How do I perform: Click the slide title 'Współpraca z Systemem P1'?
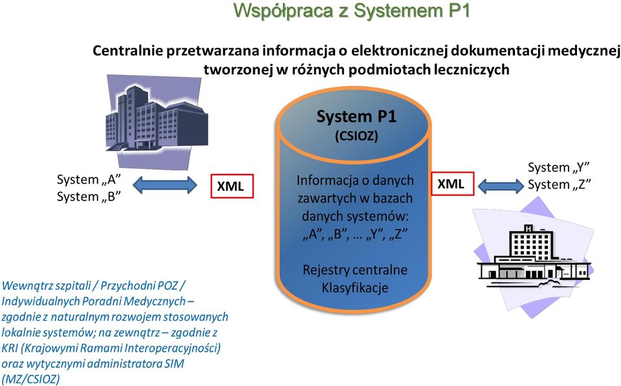tap(351, 10)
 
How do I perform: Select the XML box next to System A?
tap(232, 186)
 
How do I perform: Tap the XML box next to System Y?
tap(452, 184)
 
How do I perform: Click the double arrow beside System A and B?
tap(165, 185)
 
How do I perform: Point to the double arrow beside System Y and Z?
tap(501, 186)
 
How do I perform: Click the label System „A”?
tap(89, 180)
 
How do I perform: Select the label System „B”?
tap(89, 197)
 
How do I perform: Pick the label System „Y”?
tap(559, 167)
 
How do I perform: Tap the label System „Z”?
tap(559, 184)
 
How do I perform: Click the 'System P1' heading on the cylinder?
tap(356, 117)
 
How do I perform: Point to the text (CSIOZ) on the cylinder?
tap(356, 136)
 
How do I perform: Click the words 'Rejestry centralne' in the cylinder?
tap(355, 270)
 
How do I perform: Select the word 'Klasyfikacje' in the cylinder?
tap(355, 288)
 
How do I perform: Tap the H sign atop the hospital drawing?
tap(528, 228)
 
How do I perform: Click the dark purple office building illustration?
tap(157, 120)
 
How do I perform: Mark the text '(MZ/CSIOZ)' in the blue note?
tap(31, 379)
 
